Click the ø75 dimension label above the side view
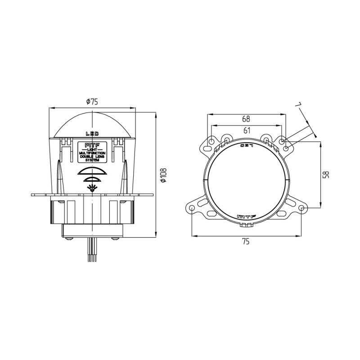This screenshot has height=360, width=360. pos(92,102)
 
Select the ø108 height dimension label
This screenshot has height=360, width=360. pos(164,175)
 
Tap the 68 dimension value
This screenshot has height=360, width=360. pos(246,119)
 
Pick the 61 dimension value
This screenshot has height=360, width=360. pos(247,130)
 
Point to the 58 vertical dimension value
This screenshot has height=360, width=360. pos(327,174)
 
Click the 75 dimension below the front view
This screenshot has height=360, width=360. pos(246,242)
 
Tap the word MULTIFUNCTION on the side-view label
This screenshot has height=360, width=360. pos(92,153)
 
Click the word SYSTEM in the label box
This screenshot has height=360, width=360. pos(92,160)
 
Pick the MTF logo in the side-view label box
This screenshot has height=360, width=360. pos(92,145)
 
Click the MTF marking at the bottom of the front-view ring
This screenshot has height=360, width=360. pos(246,216)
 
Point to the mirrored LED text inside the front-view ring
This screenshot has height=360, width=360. pos(247,145)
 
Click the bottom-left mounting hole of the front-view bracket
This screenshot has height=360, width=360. pos(192,208)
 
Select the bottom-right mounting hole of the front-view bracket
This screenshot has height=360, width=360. pos(301,208)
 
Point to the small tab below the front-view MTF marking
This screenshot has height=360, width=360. pos(246,224)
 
